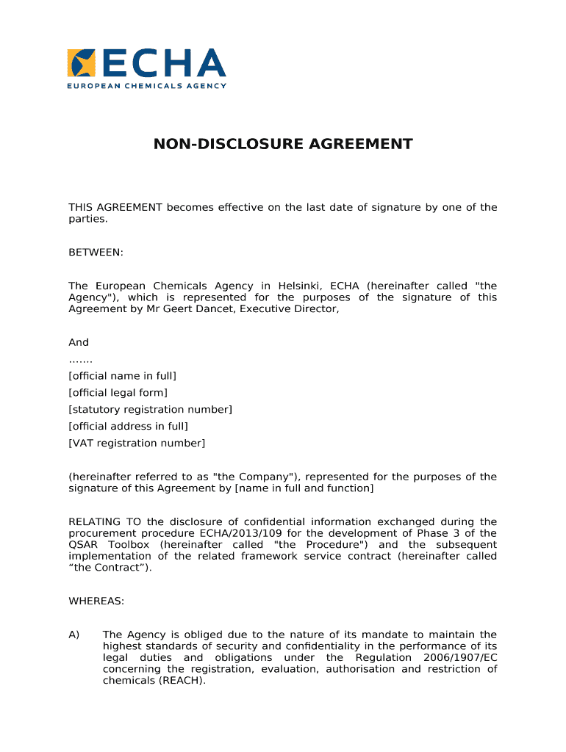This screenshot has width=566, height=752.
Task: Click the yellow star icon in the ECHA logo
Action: point(81,63)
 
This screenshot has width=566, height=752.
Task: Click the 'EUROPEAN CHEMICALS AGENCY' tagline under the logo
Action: point(147,85)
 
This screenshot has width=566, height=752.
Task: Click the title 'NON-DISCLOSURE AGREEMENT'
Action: point(283,144)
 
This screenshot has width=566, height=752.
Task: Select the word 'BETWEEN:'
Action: point(96,253)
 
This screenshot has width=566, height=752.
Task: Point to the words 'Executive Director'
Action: point(293,309)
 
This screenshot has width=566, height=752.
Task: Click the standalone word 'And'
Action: point(79,342)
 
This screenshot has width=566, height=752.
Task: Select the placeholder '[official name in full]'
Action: point(122,376)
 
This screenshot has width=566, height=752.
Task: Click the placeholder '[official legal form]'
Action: point(118,393)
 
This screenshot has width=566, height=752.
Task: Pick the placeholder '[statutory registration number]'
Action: point(150,410)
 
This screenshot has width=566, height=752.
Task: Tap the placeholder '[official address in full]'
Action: point(128,426)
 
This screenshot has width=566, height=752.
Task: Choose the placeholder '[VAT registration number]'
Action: point(137,443)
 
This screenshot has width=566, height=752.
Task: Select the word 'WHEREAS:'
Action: point(96,601)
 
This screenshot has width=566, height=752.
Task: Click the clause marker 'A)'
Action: point(74,634)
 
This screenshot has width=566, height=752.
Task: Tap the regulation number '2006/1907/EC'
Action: point(460,657)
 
